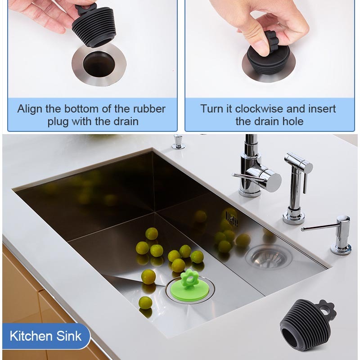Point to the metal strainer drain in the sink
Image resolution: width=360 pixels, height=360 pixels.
(x=268, y=256)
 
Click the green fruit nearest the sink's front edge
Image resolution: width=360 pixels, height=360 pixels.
(x=145, y=303)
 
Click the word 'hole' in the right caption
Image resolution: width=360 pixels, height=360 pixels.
(x=292, y=121)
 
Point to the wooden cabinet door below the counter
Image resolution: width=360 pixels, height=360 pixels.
(x=20, y=292)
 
